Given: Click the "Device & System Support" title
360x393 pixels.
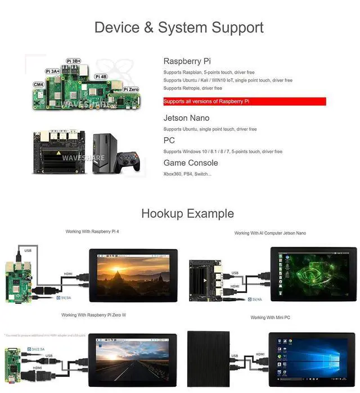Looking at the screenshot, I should point(179,27).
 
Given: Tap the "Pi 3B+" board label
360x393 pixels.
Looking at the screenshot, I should point(74,61).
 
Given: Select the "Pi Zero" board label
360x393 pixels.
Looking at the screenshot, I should point(130,89).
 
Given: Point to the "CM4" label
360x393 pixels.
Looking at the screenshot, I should point(39,84).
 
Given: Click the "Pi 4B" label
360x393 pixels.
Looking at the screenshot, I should point(101,76).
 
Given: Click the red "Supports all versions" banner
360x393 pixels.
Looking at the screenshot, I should point(244,102).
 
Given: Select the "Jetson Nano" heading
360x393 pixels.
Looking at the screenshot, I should point(186,118).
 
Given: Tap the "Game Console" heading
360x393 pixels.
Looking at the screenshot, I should point(191,163).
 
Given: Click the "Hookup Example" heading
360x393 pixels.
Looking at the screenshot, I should point(187,214).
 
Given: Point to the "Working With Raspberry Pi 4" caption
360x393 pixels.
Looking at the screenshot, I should point(92,232).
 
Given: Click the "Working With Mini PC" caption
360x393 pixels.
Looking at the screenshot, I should point(273,318).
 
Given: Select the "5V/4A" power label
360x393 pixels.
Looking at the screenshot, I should point(257,299).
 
